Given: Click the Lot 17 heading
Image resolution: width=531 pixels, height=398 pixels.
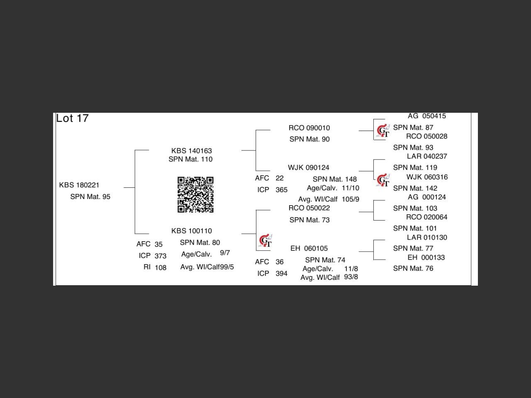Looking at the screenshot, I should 73,119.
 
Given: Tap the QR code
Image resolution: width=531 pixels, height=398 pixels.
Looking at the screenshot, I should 195,194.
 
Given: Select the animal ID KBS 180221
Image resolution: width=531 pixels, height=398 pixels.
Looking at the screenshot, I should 79,185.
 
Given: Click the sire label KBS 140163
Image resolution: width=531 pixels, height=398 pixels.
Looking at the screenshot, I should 191,151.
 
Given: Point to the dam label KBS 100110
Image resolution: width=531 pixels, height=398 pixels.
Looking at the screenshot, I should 191,231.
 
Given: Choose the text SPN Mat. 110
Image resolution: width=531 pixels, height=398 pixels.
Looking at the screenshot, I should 190,159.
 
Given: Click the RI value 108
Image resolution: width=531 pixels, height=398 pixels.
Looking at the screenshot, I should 161,267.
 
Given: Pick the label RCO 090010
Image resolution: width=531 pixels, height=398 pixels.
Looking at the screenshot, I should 309,128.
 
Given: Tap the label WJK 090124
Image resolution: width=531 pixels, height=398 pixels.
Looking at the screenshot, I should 309,167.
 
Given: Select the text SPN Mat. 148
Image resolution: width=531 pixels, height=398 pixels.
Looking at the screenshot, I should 334,179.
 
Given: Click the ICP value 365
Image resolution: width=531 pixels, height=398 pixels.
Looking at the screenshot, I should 281,190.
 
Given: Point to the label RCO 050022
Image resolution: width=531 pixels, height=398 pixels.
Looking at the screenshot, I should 309,208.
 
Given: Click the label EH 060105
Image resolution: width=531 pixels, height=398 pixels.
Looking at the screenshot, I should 309,248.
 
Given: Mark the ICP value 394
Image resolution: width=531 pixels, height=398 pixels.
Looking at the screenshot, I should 281,274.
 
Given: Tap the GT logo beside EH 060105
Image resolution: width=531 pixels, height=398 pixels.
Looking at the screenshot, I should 265,241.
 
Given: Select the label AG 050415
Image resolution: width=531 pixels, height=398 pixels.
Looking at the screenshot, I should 426,116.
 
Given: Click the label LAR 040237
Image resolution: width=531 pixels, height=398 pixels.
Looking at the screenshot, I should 427,156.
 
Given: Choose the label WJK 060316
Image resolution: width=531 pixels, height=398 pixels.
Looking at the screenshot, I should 427,177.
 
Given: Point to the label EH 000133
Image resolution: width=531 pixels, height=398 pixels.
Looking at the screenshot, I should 426,257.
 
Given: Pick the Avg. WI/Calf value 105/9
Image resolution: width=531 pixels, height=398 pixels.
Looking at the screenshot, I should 351,199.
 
